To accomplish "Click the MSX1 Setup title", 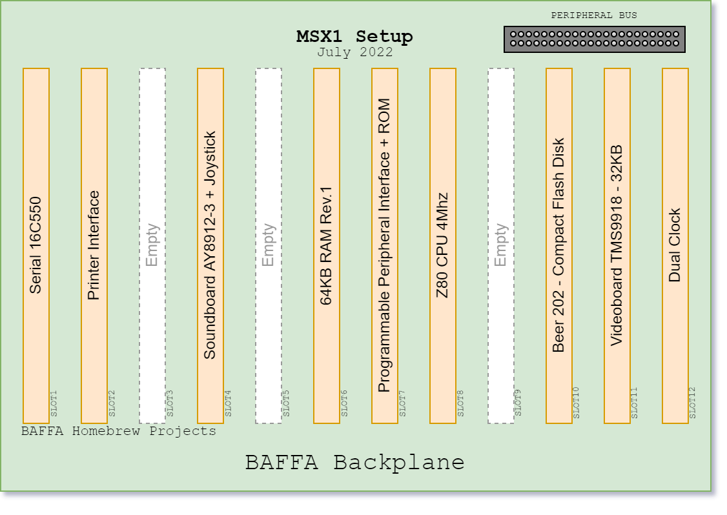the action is click(x=354, y=36).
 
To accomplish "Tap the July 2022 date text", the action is click(x=354, y=52).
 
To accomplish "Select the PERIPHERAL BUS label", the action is click(x=594, y=15).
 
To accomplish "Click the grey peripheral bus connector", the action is click(x=595, y=39).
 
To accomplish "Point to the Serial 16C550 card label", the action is click(x=36, y=245).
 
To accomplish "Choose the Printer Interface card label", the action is click(x=94, y=245).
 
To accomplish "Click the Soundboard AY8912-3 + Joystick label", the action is click(x=210, y=245).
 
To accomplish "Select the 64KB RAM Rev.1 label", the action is click(x=327, y=246).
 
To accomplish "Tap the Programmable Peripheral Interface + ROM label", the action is click(x=384, y=245).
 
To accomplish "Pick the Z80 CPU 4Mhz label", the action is click(x=443, y=245).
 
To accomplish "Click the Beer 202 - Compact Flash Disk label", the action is click(x=558, y=245).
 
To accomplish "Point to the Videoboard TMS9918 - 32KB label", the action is click(x=617, y=245).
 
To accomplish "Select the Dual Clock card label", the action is click(x=675, y=245).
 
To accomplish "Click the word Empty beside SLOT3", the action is click(x=152, y=245).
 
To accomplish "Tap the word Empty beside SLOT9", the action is click(x=501, y=245).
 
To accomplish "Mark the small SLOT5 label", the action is click(x=286, y=403).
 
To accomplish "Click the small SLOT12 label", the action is click(x=692, y=403).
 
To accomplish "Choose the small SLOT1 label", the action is click(x=54, y=403).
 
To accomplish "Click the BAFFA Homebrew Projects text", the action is click(x=119, y=431).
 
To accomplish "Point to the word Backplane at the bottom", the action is click(x=399, y=463).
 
